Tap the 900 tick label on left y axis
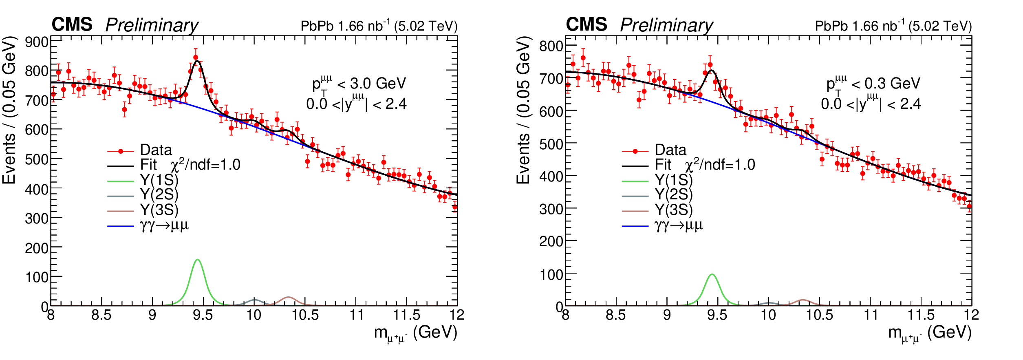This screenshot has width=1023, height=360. [x=37, y=42]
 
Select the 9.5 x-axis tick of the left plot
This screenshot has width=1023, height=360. [x=203, y=315]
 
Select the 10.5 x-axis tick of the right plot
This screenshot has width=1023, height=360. [x=819, y=315]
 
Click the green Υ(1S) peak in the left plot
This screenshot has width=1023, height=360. [x=198, y=261]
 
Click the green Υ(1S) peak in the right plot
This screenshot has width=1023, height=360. [x=712, y=275]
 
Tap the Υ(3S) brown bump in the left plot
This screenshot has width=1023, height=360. [x=289, y=298]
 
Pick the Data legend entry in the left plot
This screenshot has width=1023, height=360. [x=156, y=150]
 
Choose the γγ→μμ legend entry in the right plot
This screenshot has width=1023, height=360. [x=679, y=225]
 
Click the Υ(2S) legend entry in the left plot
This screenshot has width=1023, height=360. [x=159, y=195]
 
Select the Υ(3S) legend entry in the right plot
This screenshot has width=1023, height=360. [x=674, y=210]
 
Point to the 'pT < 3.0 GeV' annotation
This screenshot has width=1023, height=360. [x=359, y=83]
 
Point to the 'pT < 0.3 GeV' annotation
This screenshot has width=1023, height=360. [x=873, y=83]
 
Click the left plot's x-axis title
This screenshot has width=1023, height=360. [x=415, y=333]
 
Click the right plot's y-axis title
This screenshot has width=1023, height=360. [x=524, y=110]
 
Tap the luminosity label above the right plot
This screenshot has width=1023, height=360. [x=893, y=26]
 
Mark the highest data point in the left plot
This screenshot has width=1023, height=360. [x=196, y=57]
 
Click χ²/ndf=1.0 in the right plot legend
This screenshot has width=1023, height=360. [x=720, y=165]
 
